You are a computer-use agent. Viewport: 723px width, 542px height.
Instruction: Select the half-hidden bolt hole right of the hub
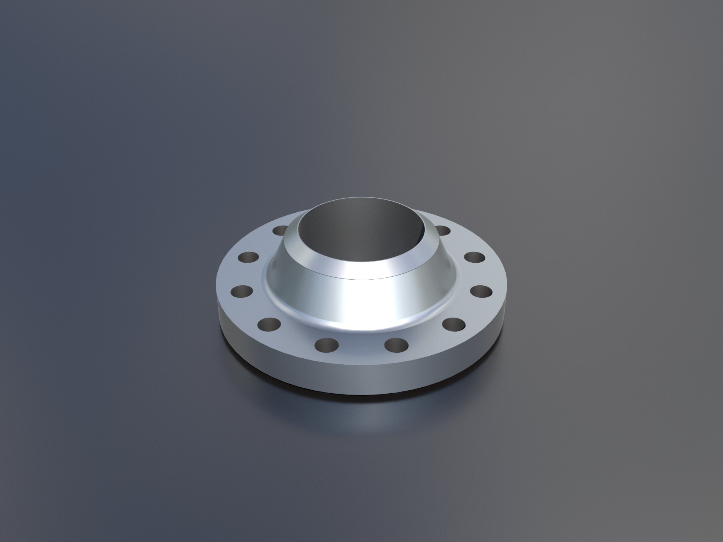coord(443,230)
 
